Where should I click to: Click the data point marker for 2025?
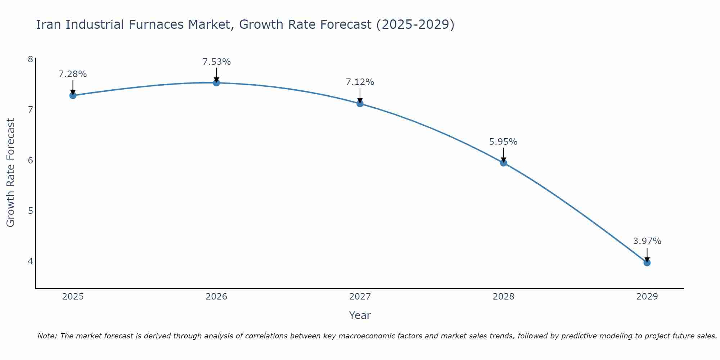tap(73, 95)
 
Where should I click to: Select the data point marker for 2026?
tap(216, 83)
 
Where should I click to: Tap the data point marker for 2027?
tap(360, 104)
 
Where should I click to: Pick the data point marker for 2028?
tap(504, 163)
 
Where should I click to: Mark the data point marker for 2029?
tap(647, 263)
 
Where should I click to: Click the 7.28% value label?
tap(73, 74)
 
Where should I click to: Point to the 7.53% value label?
tap(216, 62)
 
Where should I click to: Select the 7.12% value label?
tap(360, 82)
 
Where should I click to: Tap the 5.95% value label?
tap(503, 142)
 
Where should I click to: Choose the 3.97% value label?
tap(647, 241)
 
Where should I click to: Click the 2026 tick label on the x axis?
tap(216, 297)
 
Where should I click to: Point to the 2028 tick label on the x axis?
tap(504, 297)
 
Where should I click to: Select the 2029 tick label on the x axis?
tap(647, 297)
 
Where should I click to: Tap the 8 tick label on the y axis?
tap(30, 59)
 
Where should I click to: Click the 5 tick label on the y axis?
tap(30, 211)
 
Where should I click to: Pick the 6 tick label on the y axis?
tap(30, 160)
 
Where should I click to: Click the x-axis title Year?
tap(360, 315)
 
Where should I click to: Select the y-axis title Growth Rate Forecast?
tap(11, 173)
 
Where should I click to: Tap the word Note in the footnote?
tap(47, 336)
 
